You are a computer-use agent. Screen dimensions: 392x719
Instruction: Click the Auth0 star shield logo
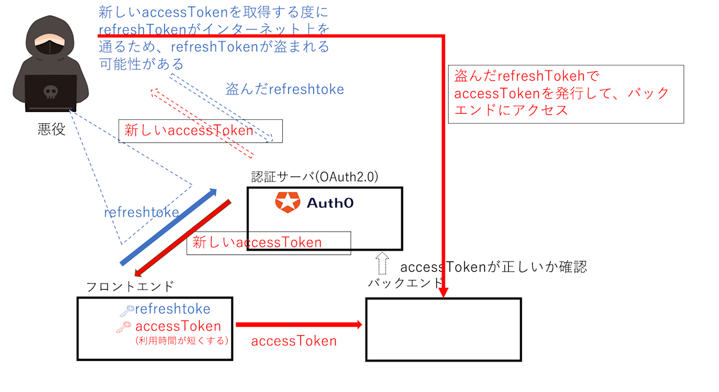[288, 202]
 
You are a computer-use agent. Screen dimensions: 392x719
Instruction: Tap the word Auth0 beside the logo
[330, 203]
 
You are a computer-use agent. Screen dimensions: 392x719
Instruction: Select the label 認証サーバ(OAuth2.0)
[315, 178]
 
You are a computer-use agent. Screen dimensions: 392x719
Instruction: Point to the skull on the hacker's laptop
[50, 92]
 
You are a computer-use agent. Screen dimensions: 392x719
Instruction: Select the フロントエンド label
[130, 287]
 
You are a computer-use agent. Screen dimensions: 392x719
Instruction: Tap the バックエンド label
[405, 282]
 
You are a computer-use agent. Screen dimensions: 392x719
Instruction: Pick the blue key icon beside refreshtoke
[126, 310]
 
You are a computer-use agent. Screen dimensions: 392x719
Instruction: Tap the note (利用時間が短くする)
[182, 341]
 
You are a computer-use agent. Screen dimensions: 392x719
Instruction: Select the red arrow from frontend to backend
[298, 325]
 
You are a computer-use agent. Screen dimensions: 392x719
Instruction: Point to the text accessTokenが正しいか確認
[493, 267]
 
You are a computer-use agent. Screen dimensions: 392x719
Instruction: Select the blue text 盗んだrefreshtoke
[285, 89]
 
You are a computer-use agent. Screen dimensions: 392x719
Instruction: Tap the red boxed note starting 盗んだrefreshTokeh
[566, 94]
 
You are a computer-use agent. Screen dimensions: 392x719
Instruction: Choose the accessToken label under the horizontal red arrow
[294, 341]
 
